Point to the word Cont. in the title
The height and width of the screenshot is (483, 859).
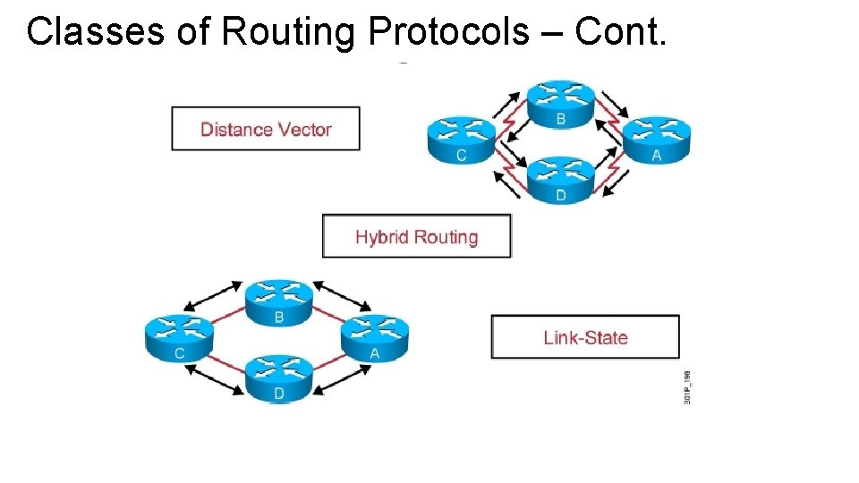621,32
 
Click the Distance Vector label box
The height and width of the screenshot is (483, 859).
266,129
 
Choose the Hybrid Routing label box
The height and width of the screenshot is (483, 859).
417,236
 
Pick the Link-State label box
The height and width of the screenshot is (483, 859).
585,337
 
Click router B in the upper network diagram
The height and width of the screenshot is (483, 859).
560,104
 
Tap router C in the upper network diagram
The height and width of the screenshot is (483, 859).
462,140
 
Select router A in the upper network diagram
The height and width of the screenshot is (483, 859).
657,140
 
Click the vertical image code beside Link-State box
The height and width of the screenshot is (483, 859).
686,386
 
